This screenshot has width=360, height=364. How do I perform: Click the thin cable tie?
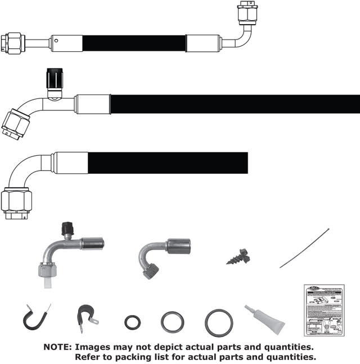tap(304, 248)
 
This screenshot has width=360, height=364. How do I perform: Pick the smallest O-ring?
tap(133, 323)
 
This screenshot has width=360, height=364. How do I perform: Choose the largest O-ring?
tap(219, 322)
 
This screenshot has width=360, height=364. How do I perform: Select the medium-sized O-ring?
tap(172, 322)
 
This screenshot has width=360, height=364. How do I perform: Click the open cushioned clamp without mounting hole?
tap(36, 318)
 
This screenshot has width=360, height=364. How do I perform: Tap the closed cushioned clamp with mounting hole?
tap(87, 317)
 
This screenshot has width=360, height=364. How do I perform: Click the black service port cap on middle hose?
tap(53, 77)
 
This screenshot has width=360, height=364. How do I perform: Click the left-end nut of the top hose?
tap(12, 43)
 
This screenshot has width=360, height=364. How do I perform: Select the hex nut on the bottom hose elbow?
tap(16, 202)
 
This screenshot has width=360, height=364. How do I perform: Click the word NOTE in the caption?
tap(57, 347)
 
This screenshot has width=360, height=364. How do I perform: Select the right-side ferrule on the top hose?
tap(203, 43)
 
